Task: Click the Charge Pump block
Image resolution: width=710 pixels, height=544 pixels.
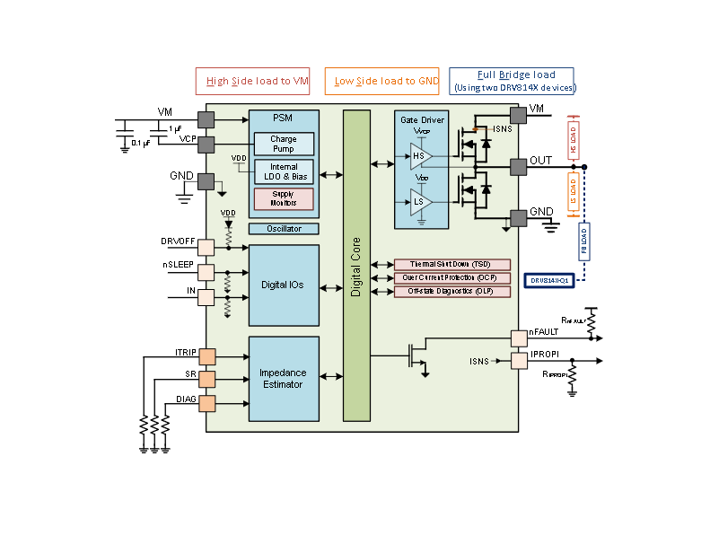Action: point(284,144)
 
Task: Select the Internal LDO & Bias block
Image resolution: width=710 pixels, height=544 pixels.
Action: point(284,171)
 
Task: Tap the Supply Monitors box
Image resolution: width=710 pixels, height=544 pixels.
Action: point(284,198)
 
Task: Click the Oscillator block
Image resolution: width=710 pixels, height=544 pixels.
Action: point(284,229)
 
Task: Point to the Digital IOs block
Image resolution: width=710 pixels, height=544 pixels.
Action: point(284,285)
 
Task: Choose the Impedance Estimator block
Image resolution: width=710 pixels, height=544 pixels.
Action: point(284,379)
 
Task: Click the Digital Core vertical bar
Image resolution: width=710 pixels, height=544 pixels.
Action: point(356,265)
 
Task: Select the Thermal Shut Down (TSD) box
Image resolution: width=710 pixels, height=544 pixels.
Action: point(452,265)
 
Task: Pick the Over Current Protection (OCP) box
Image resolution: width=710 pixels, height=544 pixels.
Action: point(452,278)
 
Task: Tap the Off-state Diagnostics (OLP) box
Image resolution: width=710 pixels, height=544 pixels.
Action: point(452,292)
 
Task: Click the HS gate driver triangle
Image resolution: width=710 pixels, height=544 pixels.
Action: point(421,157)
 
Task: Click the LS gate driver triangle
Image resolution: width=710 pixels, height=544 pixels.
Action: point(421,202)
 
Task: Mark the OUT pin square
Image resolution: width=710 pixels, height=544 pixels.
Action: point(518,166)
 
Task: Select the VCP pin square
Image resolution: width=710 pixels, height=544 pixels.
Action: point(206,145)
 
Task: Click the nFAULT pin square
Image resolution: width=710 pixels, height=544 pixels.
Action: point(518,338)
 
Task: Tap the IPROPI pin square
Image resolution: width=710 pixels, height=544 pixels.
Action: point(518,360)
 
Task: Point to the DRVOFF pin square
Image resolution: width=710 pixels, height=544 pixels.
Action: point(206,247)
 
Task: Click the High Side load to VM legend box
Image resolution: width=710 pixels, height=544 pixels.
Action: point(253,81)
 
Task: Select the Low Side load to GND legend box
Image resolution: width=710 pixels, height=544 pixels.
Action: point(382,81)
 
